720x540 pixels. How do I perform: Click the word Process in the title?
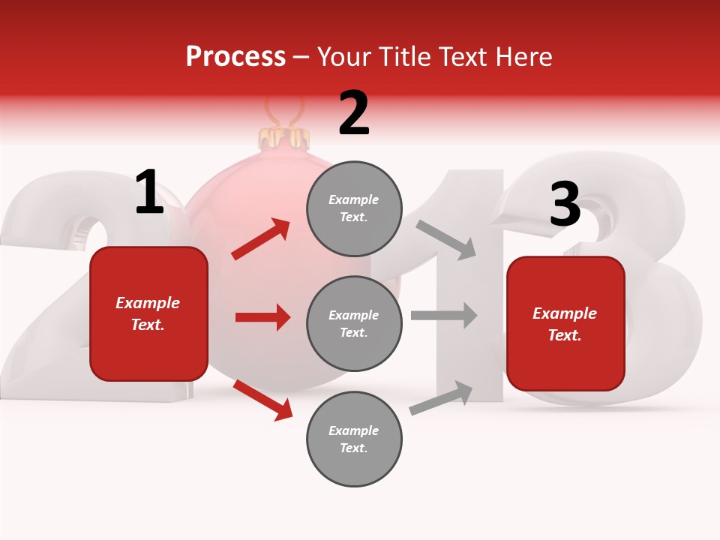point(235,56)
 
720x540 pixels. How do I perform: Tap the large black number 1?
point(148,193)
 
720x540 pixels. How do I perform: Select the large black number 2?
point(354,114)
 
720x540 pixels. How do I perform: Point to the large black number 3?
point(565,205)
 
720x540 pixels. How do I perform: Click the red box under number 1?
point(148,313)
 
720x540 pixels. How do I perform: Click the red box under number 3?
point(565,323)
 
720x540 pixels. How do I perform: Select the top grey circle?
point(354,208)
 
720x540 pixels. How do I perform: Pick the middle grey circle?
point(354,323)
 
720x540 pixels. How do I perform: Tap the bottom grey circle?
point(354,439)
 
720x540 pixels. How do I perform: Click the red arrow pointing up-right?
point(261,238)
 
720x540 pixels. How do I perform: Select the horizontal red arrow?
point(262,317)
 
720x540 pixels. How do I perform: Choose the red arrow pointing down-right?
point(263,400)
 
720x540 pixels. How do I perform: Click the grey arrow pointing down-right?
point(446,239)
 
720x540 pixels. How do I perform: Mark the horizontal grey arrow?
point(444,315)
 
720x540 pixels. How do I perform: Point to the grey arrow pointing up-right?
point(442,397)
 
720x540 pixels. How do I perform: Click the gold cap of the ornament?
point(284,137)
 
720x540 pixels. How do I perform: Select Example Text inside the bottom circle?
point(354,439)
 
